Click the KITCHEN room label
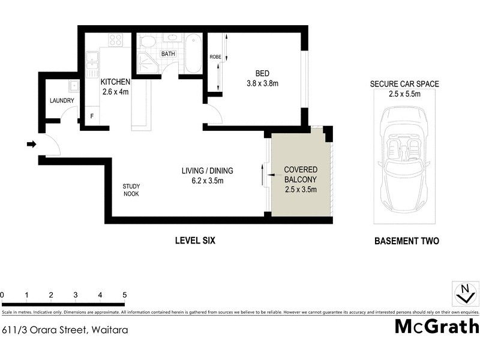tap(115, 82)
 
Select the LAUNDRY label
tap(62, 101)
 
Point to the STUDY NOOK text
tap(131, 190)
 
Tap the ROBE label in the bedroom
tap(215, 57)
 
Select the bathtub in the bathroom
tap(193, 53)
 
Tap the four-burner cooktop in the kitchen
tap(115, 40)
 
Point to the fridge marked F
tap(92, 115)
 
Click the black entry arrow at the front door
tap(31, 144)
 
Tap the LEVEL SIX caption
tap(194, 241)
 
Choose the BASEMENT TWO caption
tap(406, 241)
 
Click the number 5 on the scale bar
tap(124, 295)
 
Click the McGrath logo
tap(436, 327)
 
